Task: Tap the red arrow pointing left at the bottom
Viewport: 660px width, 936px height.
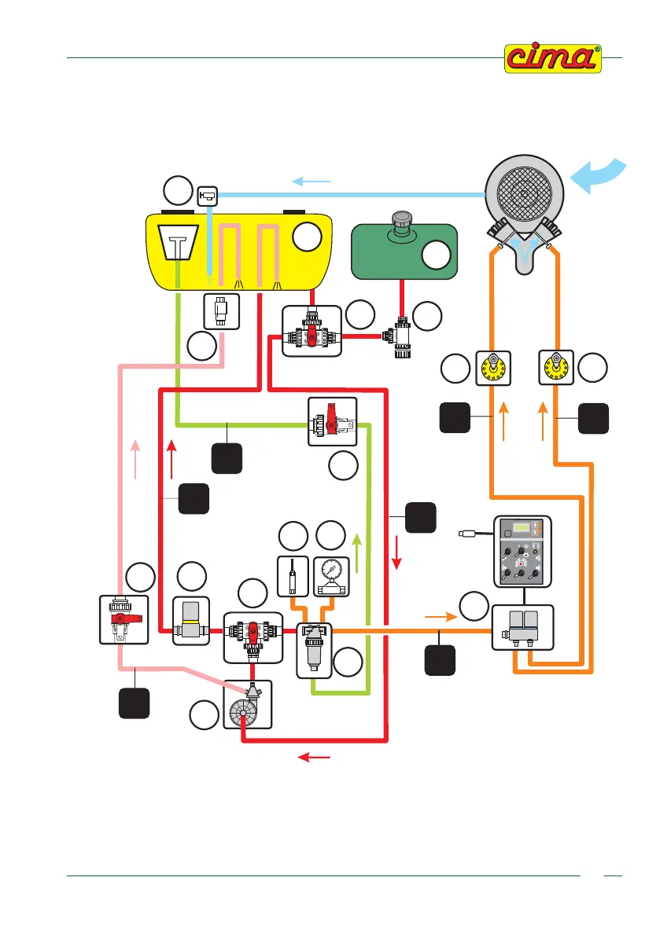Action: [316, 757]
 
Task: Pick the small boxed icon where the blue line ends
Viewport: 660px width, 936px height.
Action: [209, 193]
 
